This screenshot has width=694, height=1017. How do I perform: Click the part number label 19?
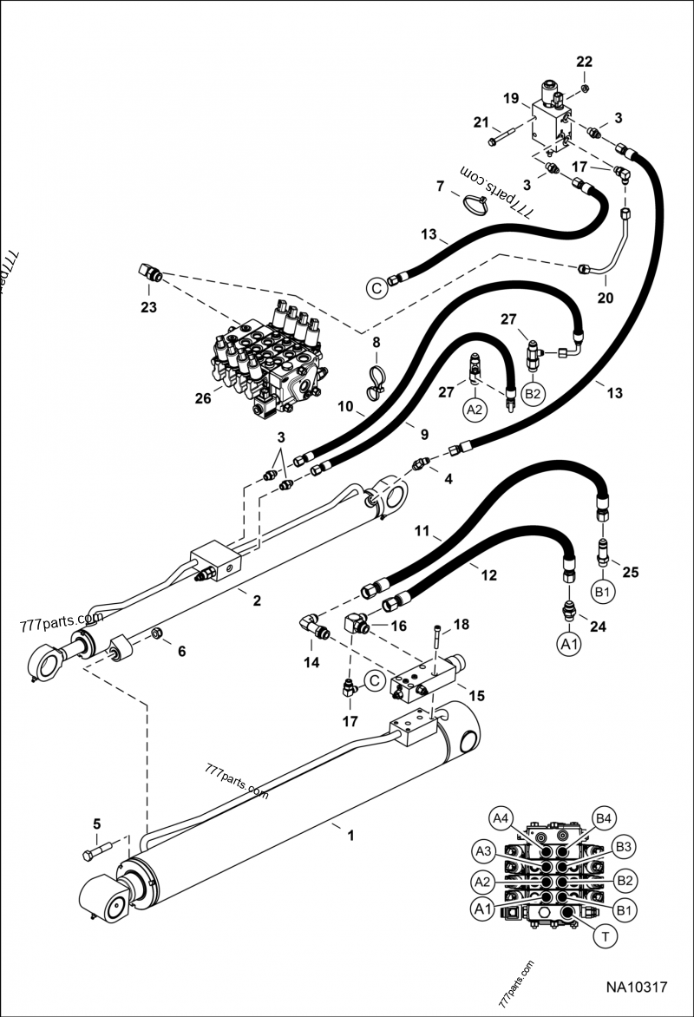pos(510,98)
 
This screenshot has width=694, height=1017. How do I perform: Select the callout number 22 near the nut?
pos(585,62)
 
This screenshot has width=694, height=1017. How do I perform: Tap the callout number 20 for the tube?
pos(606,298)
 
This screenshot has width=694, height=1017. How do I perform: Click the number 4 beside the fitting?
pos(448,479)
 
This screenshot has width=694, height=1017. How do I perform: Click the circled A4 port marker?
pos(501,817)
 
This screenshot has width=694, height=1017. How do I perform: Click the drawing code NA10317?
pos(636,987)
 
